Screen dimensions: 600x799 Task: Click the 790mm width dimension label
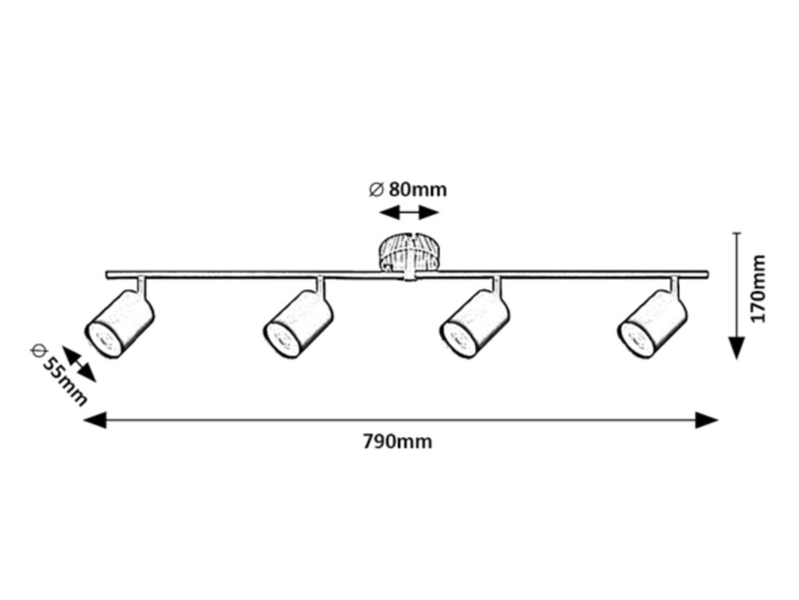click(397, 442)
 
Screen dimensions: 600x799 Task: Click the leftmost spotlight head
click(119, 323)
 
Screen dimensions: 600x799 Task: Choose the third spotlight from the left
click(474, 323)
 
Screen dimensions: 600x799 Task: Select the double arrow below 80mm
click(409, 212)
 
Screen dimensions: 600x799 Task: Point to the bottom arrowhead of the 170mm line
click(736, 348)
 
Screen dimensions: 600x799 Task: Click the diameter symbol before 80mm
click(375, 189)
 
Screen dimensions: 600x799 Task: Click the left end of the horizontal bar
click(109, 274)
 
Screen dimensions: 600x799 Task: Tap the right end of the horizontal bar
click(706, 274)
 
